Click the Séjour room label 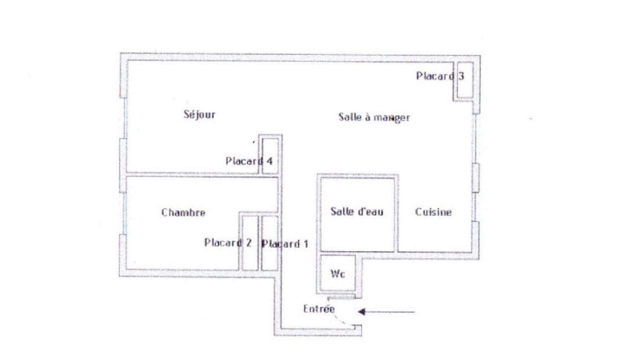[x=199, y=115]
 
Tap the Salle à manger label [x=374, y=117]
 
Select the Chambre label [x=183, y=212]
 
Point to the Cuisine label [x=433, y=212]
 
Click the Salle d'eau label [x=357, y=212]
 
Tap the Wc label [x=337, y=274]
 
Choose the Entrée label [x=319, y=309]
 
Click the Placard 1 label [x=285, y=244]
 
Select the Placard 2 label [x=228, y=243]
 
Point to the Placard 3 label [x=440, y=76]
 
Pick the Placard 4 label [x=249, y=161]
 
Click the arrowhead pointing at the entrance [x=361, y=312]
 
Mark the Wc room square [x=337, y=274]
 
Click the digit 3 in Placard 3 [x=461, y=76]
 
